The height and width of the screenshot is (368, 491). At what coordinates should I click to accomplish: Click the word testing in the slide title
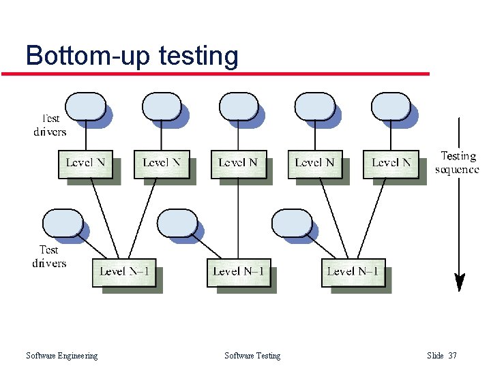pyautogui.click(x=198, y=56)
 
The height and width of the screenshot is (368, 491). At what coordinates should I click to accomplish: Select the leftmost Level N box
pyautogui.click(x=85, y=163)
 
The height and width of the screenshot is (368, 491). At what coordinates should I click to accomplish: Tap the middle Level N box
pyautogui.click(x=238, y=163)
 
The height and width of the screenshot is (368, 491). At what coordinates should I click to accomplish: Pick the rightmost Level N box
pyautogui.click(x=391, y=163)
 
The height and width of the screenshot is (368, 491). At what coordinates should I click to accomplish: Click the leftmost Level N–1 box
pyautogui.click(x=124, y=272)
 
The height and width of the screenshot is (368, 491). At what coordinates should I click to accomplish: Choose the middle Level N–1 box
pyautogui.click(x=239, y=272)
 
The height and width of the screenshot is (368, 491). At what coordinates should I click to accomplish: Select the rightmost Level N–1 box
pyautogui.click(x=353, y=272)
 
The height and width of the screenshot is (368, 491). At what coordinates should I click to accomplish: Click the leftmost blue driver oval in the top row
pyautogui.click(x=85, y=107)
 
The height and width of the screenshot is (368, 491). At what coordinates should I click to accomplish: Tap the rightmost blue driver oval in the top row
pyautogui.click(x=391, y=107)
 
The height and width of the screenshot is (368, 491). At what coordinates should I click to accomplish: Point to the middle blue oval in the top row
pyautogui.click(x=238, y=107)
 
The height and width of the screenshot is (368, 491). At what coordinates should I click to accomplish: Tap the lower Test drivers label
pyautogui.click(x=49, y=256)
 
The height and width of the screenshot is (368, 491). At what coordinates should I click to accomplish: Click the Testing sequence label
pyautogui.click(x=457, y=163)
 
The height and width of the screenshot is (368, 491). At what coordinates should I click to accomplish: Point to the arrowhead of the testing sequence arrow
pyautogui.click(x=460, y=281)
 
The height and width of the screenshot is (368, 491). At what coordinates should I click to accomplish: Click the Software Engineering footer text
pyautogui.click(x=61, y=356)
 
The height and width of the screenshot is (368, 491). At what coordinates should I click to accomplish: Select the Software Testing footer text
pyautogui.click(x=252, y=356)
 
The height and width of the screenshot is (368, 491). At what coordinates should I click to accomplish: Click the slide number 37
pyautogui.click(x=453, y=356)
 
